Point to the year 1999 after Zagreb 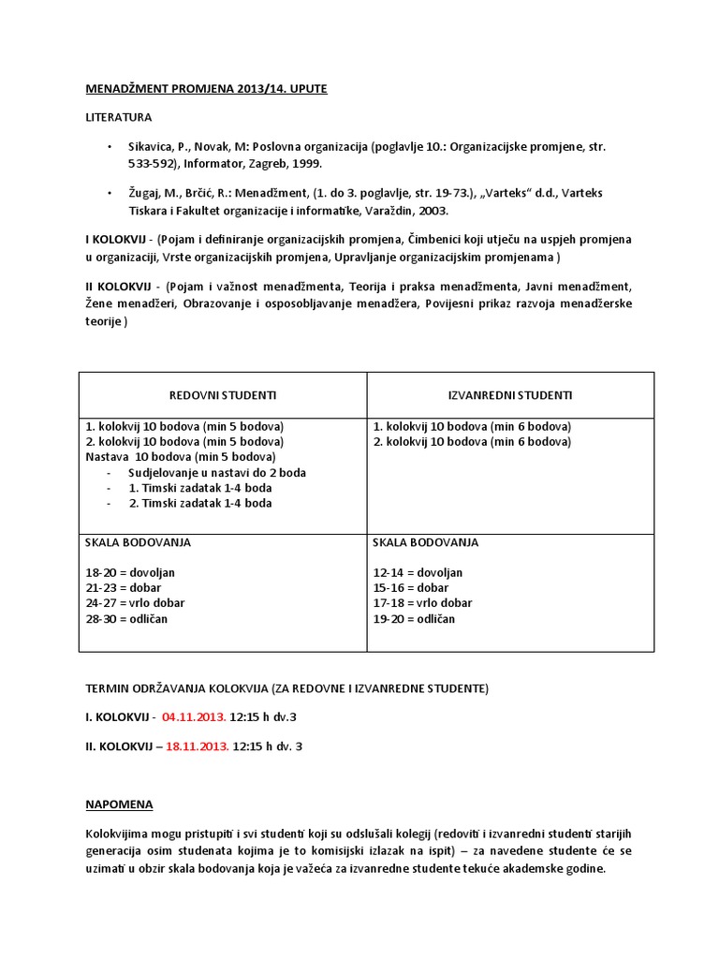click(305, 163)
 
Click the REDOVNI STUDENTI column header click(222, 395)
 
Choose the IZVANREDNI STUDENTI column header click(510, 395)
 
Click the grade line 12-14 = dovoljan click(418, 572)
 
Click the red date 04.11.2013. click(194, 717)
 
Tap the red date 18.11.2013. click(197, 746)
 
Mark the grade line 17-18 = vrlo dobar click(422, 603)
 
